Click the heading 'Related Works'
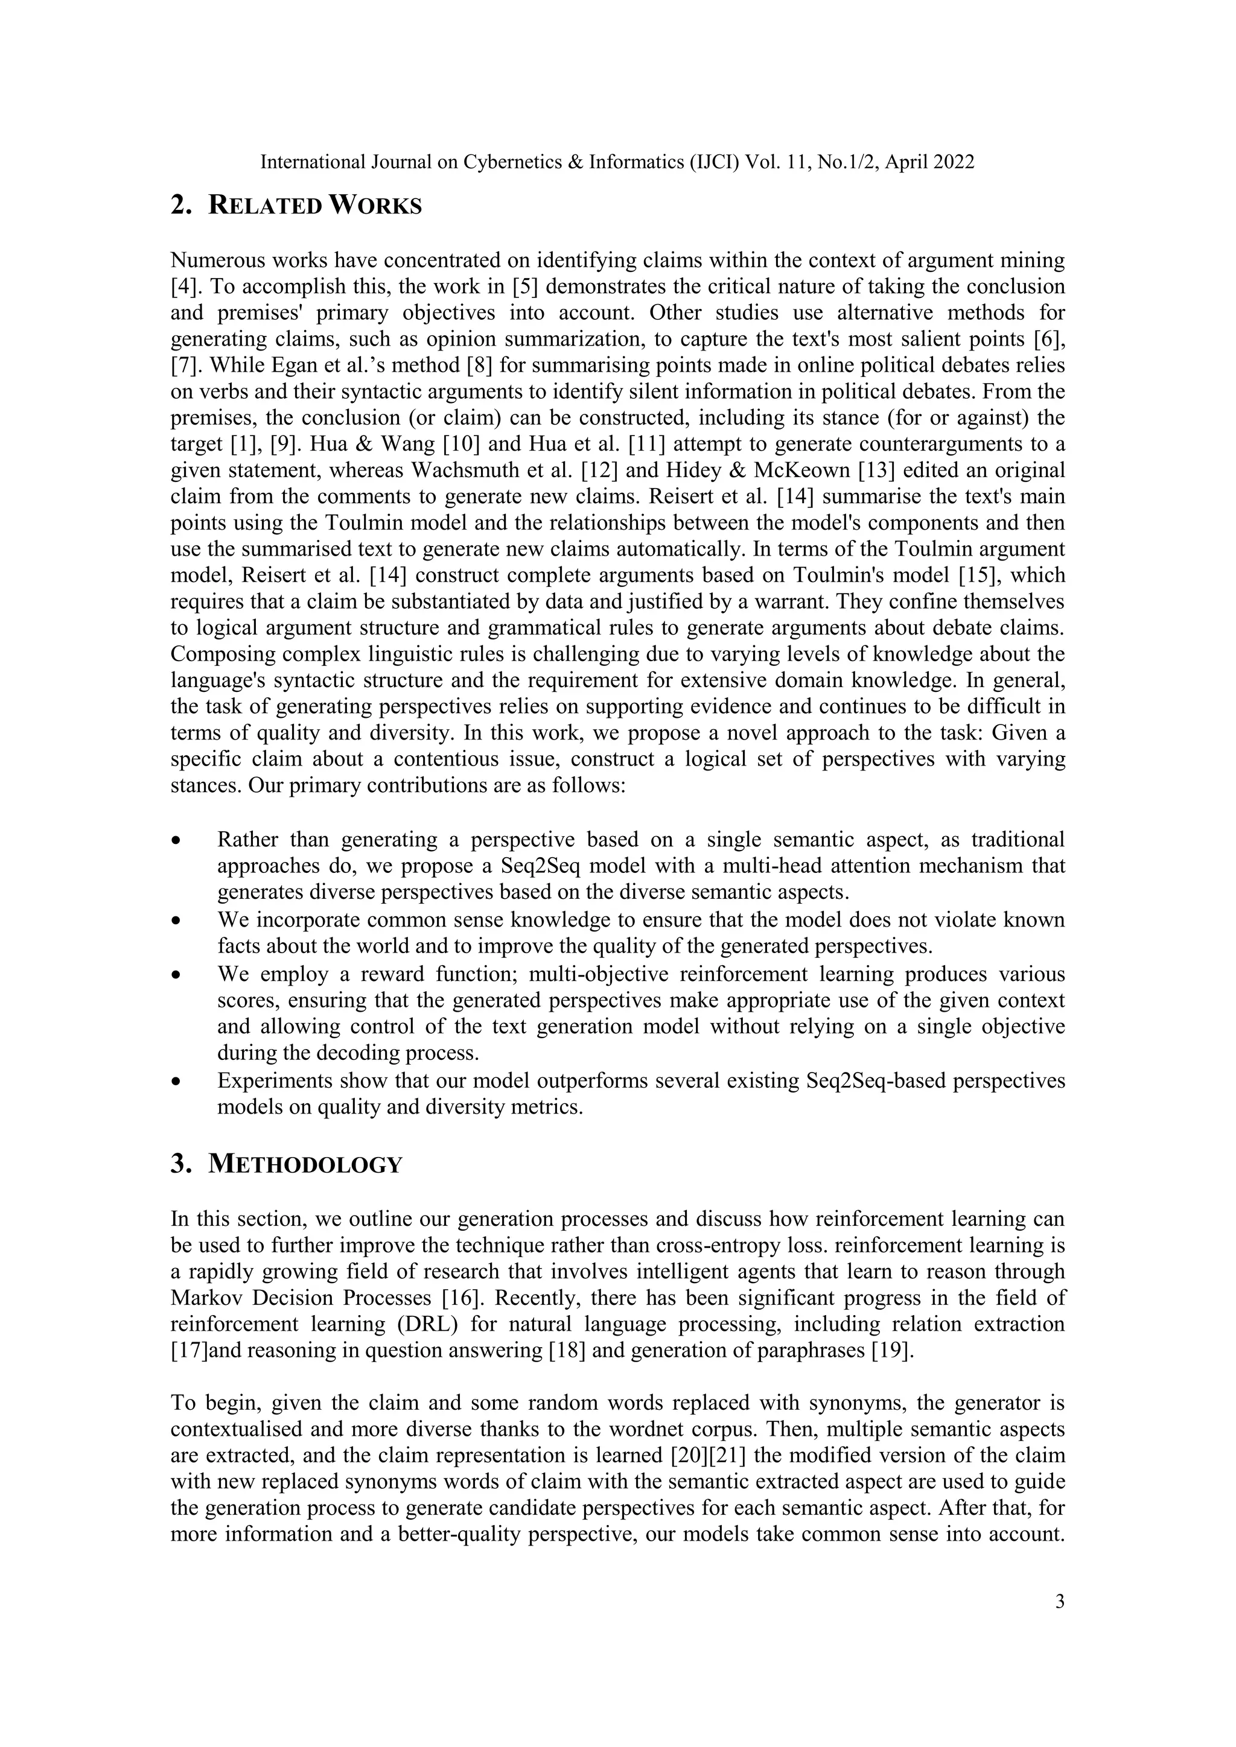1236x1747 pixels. pos(314,206)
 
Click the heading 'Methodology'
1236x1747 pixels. pos(304,1164)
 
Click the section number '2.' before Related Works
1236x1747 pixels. pos(181,206)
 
